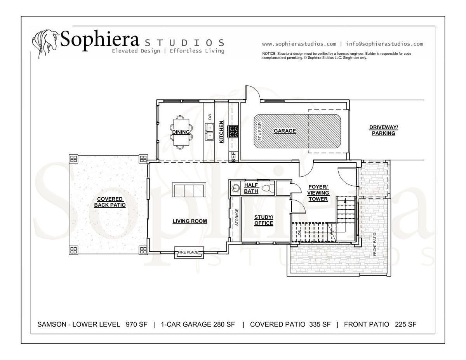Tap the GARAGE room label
point(285,131)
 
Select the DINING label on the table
point(181,132)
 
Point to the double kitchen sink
point(209,132)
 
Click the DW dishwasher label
point(210,117)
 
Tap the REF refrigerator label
point(234,157)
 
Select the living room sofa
point(189,190)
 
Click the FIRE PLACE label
point(188,252)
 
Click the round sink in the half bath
point(236,188)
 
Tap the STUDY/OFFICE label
point(264,220)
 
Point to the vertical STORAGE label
point(237,217)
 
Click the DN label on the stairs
point(300,232)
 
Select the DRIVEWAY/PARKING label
point(383,130)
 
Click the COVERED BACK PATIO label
point(110,202)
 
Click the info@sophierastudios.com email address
point(384,44)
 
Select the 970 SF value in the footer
point(136,324)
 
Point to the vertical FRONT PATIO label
point(375,244)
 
